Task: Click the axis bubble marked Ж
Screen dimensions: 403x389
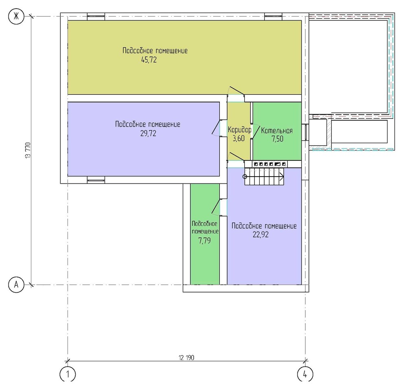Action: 16,17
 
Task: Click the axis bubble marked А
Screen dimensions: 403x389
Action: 16,285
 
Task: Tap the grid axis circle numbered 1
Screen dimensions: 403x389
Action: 68,374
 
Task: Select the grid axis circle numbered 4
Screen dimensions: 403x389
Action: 305,374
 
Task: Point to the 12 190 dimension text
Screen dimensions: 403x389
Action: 186,358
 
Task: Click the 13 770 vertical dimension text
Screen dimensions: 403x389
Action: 28,150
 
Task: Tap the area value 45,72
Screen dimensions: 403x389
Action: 149,60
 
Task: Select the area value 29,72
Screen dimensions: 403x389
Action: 148,133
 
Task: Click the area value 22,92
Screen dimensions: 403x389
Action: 261,235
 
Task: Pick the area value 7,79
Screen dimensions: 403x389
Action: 205,241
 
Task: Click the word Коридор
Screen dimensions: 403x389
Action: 239,130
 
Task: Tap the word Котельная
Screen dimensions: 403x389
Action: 277,131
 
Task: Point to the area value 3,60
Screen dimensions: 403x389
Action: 239,138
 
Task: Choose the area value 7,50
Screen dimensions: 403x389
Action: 278,139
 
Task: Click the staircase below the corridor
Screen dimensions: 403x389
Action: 264,177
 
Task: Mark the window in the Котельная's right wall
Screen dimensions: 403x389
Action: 305,132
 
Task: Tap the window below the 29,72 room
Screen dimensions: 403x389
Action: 96,180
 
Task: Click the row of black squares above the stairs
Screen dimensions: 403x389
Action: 269,164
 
